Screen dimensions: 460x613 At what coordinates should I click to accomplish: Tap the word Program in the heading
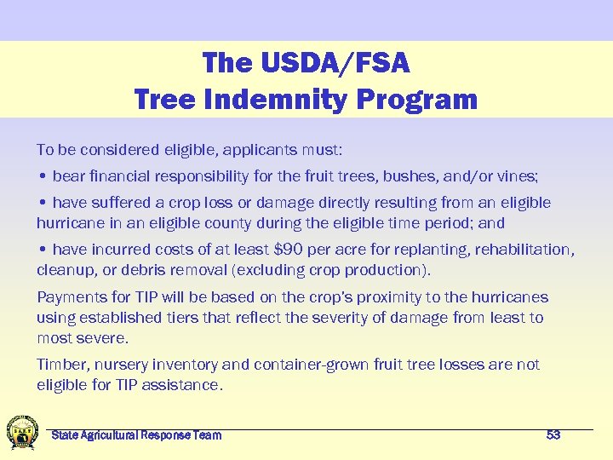[417, 99]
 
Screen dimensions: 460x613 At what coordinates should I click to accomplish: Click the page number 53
[553, 434]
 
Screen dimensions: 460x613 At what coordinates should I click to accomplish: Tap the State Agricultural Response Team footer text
[136, 434]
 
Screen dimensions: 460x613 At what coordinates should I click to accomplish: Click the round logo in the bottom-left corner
[21, 432]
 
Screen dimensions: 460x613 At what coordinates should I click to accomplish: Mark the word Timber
[60, 365]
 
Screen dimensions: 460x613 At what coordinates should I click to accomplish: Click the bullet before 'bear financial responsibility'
[42, 177]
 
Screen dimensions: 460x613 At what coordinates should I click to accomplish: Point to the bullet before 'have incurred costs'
[42, 250]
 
